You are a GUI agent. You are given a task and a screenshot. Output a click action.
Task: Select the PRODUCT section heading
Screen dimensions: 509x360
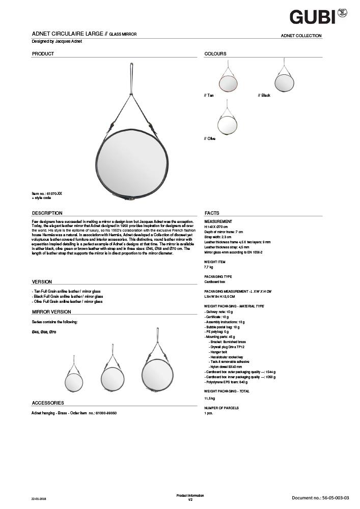click(x=43, y=53)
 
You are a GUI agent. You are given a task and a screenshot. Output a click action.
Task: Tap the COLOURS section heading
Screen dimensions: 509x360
click(x=215, y=53)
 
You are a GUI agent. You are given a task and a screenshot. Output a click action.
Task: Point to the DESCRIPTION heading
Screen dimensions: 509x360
click(x=47, y=213)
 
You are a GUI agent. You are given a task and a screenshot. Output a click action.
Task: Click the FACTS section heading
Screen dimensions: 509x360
click(x=212, y=213)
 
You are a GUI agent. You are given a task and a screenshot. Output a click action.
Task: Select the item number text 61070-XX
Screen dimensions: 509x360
click(x=47, y=193)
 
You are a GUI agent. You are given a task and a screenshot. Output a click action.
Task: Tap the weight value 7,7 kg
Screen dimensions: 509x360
click(x=208, y=267)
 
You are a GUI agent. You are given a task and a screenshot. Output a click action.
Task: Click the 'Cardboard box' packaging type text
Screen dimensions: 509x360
click(x=214, y=281)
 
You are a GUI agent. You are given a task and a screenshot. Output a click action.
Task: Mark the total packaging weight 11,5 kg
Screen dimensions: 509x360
click(x=209, y=398)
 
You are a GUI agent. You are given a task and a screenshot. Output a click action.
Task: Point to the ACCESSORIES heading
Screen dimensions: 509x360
click(x=48, y=403)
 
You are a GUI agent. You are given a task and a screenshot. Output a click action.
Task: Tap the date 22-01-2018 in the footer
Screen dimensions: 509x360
click(x=39, y=498)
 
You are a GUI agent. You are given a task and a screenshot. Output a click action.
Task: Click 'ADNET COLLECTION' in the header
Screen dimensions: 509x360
click(x=301, y=36)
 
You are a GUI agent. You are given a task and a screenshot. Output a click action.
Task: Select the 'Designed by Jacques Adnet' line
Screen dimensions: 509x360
click(x=57, y=41)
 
